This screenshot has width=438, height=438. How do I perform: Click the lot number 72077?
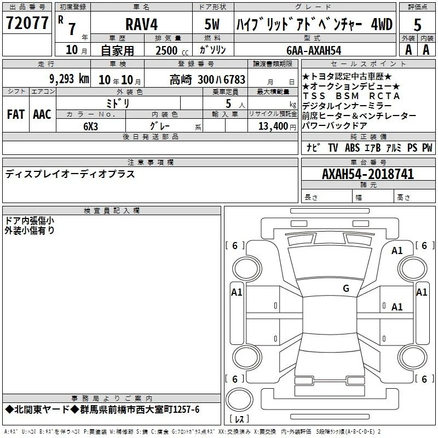(27, 22)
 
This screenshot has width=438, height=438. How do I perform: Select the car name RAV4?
(141, 24)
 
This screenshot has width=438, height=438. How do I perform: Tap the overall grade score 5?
(417, 25)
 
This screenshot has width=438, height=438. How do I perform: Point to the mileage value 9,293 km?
(70, 79)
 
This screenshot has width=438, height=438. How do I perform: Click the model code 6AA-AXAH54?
(314, 50)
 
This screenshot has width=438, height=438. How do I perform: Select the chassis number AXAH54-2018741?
(368, 174)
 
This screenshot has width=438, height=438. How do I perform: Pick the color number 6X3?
(90, 126)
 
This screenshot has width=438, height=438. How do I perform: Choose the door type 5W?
(212, 24)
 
